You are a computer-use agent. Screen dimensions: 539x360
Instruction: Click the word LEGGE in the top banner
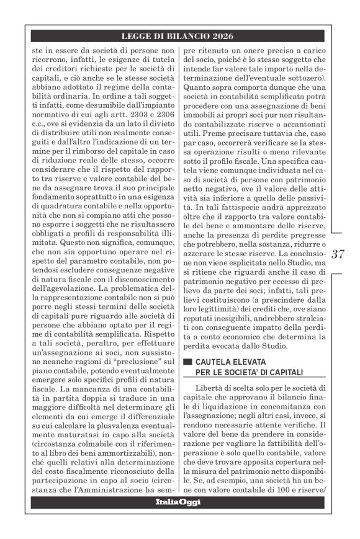pyautogui.click(x=140, y=37)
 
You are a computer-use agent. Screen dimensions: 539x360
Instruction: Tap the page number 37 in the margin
pyautogui.click(x=338, y=253)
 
